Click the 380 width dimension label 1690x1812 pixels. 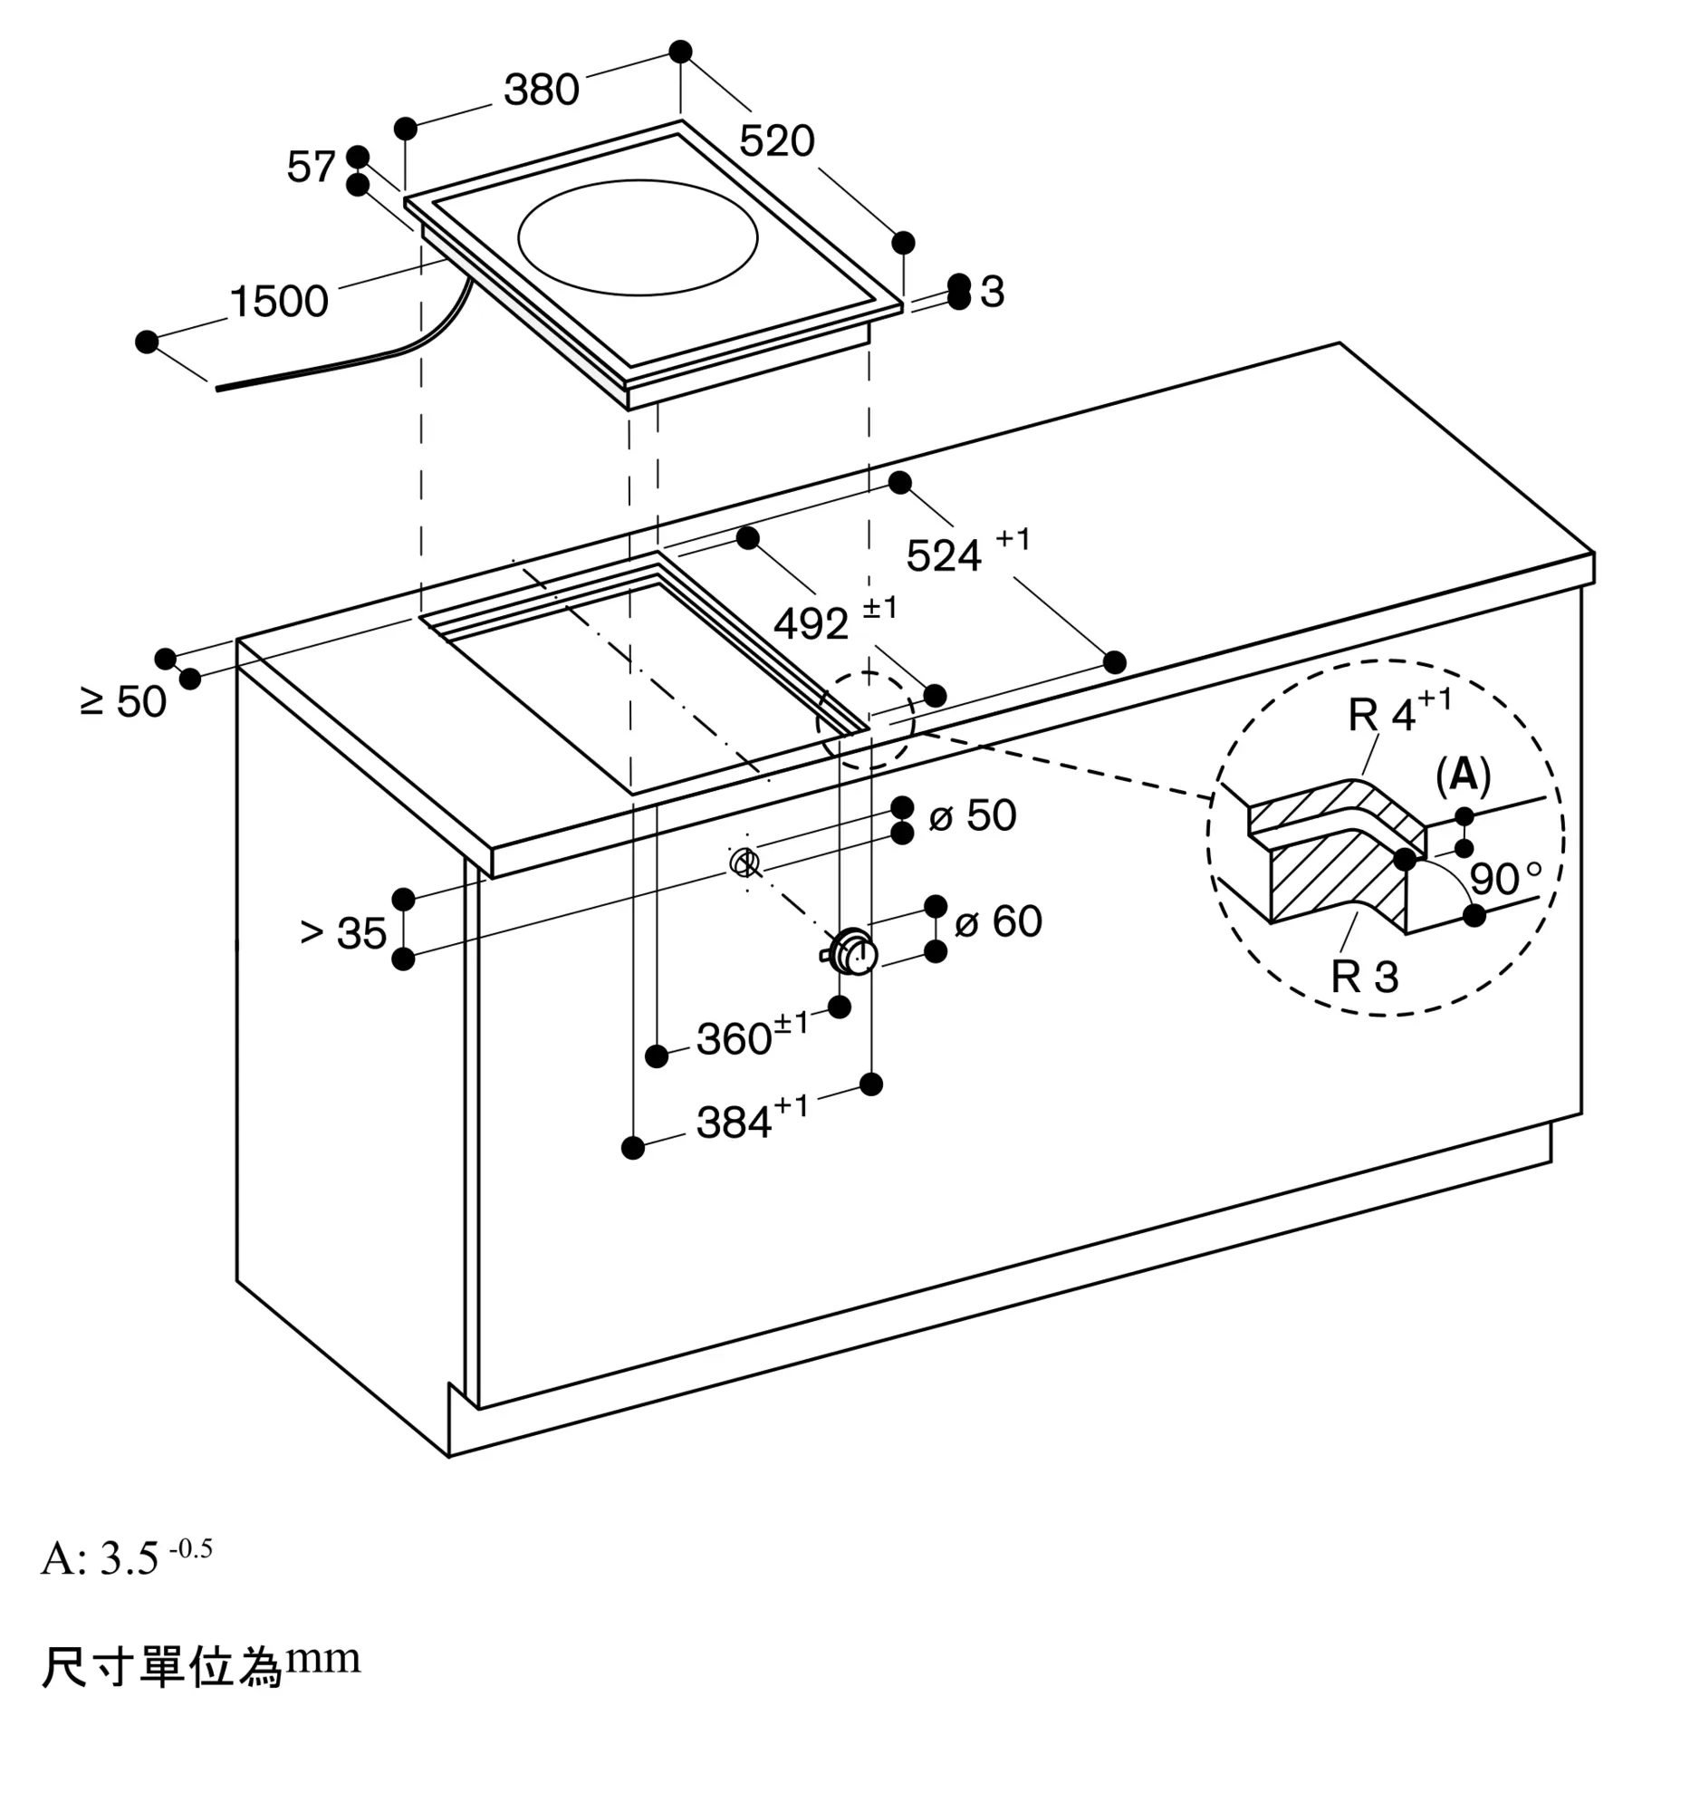[542, 91]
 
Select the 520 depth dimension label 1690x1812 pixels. [776, 141]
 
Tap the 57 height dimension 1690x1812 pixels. [311, 167]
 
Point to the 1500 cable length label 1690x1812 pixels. [279, 302]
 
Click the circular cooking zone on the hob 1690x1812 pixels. [637, 237]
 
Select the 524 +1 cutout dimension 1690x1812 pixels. [966, 553]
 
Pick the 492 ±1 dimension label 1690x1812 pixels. [833, 621]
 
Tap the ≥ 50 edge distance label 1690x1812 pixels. [123, 702]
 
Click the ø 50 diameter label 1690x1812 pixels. [972, 814]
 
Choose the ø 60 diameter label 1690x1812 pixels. [997, 920]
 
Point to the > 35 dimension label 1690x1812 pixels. [343, 932]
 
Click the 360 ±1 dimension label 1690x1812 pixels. [751, 1036]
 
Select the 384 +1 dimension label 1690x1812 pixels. [751, 1120]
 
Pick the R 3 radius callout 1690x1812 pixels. [1364, 976]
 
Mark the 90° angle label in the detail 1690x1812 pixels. [1504, 879]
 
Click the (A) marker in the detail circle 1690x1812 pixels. [1463, 775]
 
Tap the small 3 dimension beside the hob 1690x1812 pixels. [992, 292]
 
